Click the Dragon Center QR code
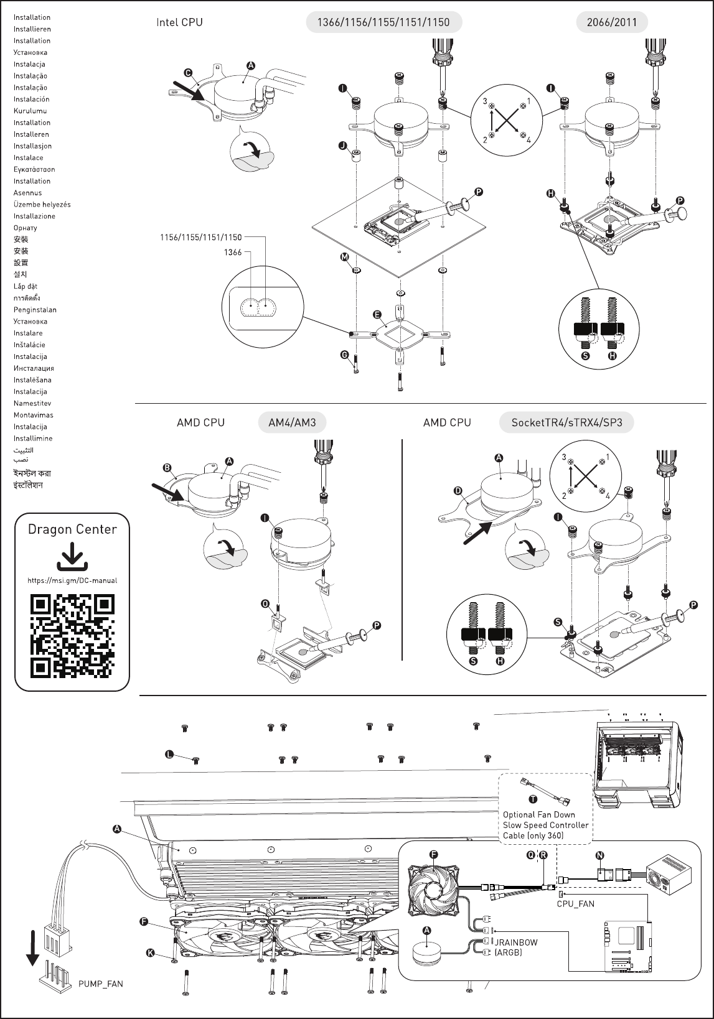72,636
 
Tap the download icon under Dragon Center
72,556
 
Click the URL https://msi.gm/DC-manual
72,580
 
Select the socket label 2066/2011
612,22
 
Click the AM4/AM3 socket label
292,423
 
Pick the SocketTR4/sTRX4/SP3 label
566,423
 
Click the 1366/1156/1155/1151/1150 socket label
383,22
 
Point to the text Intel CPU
179,22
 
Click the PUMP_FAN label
101,984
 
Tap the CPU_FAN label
575,903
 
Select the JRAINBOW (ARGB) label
516,947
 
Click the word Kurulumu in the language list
31,111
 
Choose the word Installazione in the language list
34,216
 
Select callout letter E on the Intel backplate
377,315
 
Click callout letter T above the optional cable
533,799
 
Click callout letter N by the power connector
599,855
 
